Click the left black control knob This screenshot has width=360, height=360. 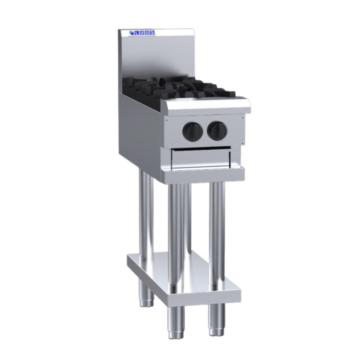click(x=193, y=132)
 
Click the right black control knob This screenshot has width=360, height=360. click(x=217, y=131)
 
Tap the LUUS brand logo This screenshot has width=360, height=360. click(x=142, y=33)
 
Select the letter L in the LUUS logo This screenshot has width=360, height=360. click(x=137, y=33)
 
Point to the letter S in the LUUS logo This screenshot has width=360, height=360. click(x=152, y=33)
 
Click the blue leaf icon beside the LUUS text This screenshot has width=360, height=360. click(x=131, y=33)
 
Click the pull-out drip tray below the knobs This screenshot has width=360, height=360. click(x=201, y=159)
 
